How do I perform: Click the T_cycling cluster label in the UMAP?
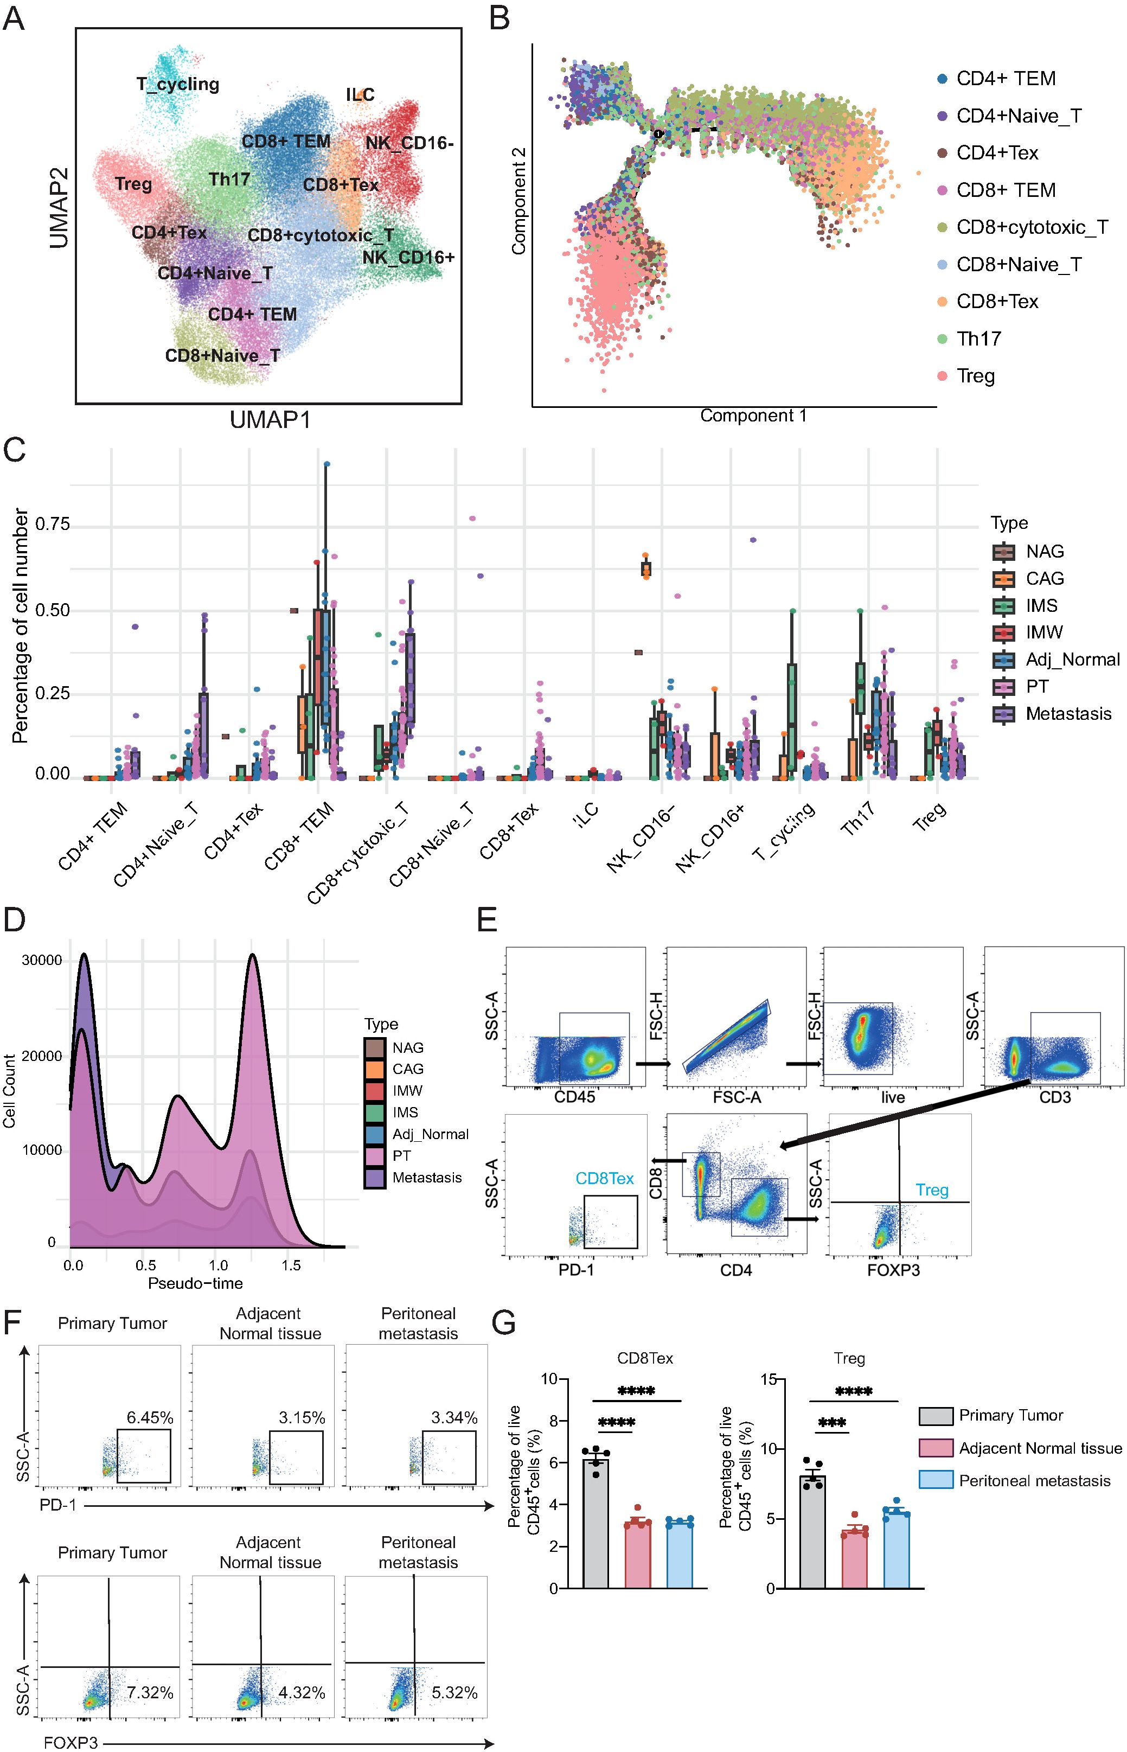point(178,84)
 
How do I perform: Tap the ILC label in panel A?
point(360,95)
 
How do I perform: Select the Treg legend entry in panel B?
point(976,376)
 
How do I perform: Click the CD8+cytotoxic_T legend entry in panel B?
point(1032,228)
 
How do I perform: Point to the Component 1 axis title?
point(753,415)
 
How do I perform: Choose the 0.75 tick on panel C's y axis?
point(52,524)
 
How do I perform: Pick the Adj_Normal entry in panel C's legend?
point(1072,660)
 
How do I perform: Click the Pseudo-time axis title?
point(195,1283)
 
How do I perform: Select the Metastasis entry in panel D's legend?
point(427,1178)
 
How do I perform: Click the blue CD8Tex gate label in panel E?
point(605,1178)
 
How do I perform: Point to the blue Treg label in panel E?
point(932,1190)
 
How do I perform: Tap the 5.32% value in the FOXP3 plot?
point(454,1693)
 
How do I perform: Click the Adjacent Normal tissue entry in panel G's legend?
point(1040,1448)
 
